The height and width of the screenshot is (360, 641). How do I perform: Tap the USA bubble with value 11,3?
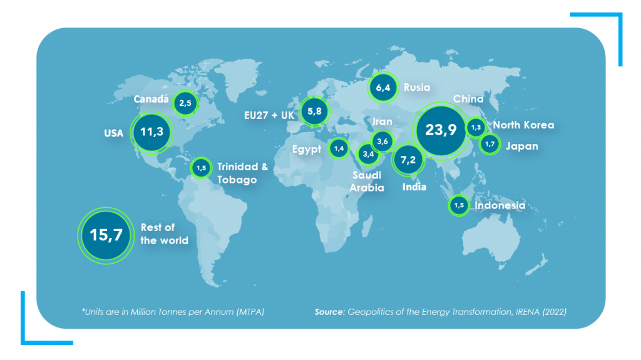[x=151, y=132]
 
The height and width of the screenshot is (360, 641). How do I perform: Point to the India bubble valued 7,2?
[x=408, y=160]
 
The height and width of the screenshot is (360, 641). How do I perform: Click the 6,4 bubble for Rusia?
[x=383, y=88]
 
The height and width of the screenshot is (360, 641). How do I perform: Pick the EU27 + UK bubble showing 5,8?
[x=314, y=113]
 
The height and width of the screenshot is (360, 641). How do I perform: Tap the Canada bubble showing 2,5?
[x=185, y=103]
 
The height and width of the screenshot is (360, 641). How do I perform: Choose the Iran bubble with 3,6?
[x=382, y=141]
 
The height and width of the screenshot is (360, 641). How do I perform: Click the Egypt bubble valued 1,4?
[x=339, y=148]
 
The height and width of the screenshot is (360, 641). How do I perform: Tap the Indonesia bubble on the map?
[x=459, y=205]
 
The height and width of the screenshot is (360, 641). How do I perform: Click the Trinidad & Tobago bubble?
[x=201, y=168]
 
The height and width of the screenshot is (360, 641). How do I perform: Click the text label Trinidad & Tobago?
[x=237, y=173]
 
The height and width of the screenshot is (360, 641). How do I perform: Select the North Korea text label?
[x=523, y=125]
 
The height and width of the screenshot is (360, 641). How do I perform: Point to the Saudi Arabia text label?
[x=366, y=182]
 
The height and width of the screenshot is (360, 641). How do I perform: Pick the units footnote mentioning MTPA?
[x=173, y=311]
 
